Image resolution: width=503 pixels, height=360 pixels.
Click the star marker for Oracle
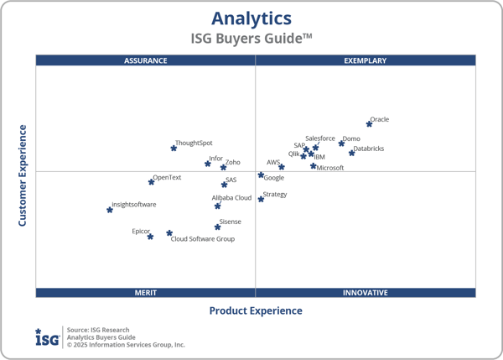point(370,123)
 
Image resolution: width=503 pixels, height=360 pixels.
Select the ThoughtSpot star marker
point(174,148)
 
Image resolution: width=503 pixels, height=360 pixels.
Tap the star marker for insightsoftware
point(110,210)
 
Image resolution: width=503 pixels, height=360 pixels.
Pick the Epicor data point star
point(151,237)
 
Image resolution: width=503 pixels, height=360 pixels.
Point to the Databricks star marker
point(352,153)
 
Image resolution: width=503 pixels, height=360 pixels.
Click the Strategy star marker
point(261,199)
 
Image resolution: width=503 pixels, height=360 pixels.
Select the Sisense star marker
point(217,227)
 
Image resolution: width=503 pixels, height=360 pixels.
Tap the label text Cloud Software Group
point(203,239)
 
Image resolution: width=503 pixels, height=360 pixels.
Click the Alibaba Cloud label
point(231,198)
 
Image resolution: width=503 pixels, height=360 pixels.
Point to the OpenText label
point(167,177)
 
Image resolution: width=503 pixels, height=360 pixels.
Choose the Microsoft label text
point(330,168)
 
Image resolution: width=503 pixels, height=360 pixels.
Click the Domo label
point(351,138)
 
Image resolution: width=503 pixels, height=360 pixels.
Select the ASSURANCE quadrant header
point(146,60)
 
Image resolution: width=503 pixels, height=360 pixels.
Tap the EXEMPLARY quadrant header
point(366,60)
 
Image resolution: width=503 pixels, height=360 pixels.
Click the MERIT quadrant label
point(146,293)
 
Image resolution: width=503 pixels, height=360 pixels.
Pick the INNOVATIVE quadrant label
point(366,293)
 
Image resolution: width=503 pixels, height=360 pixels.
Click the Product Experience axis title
point(256,311)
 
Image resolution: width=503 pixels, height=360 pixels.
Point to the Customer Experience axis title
point(23,175)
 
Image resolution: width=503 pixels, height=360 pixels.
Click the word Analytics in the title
point(251,18)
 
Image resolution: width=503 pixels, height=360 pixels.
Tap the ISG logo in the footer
point(47,337)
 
